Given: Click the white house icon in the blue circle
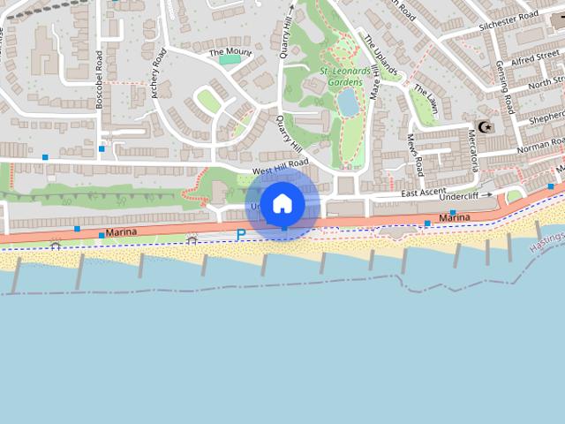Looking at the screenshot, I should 282,204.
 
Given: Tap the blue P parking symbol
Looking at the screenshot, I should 240,235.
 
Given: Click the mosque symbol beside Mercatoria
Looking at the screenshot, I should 483,126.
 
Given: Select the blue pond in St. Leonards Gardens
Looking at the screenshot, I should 348,102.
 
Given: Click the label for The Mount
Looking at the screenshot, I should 230,52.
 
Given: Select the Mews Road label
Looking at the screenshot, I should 414,153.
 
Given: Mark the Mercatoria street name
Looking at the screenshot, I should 473,150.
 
